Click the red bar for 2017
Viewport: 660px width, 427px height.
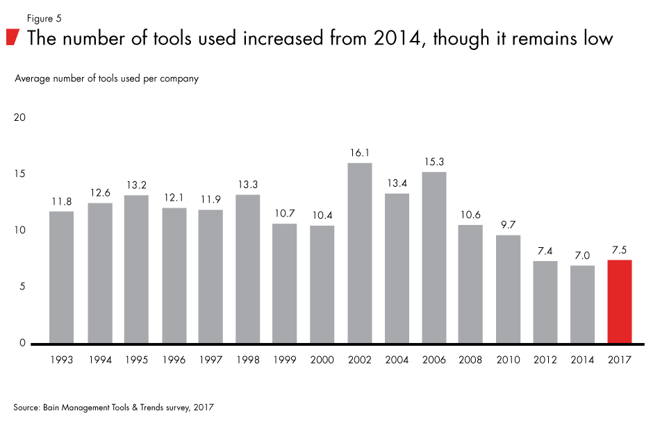(x=619, y=301)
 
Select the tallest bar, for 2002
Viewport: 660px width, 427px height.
(x=359, y=253)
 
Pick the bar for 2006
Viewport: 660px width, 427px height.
(x=434, y=258)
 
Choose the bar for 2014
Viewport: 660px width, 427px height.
(x=582, y=304)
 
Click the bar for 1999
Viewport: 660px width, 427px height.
(x=285, y=283)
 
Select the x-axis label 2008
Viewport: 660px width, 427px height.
(x=471, y=360)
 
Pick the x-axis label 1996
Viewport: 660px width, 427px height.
(x=174, y=360)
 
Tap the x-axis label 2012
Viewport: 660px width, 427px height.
(x=545, y=360)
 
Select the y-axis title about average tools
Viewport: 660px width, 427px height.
(x=106, y=78)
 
